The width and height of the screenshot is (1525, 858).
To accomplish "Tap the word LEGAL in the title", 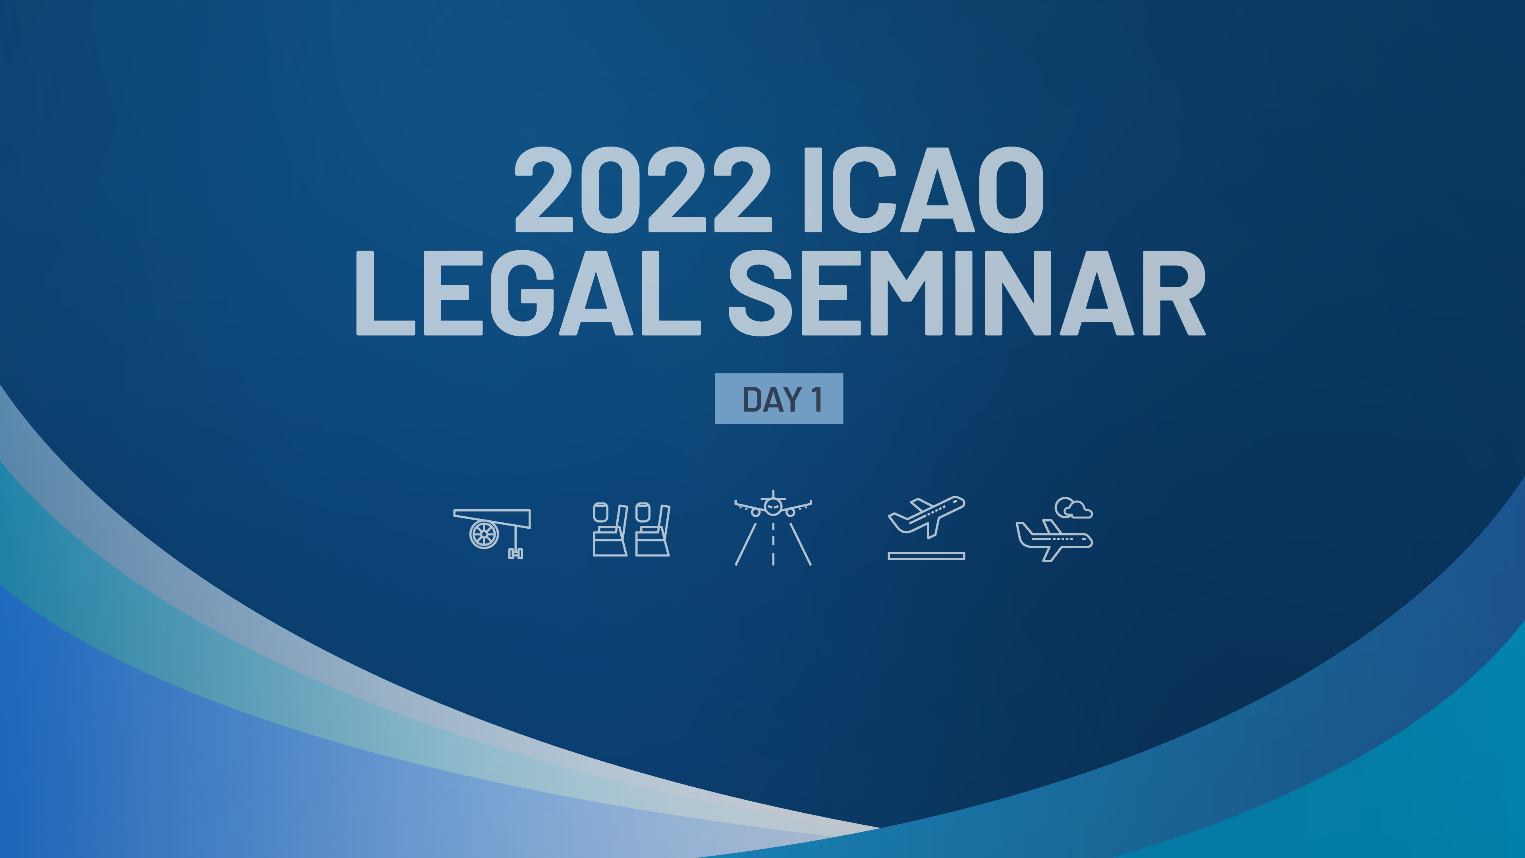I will click(x=527, y=293).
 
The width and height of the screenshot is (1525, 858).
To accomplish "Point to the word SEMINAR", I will click(x=966, y=293).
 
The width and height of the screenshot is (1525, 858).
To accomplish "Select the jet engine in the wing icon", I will click(x=484, y=534).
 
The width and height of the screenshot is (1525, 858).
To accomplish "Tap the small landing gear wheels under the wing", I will click(x=515, y=554).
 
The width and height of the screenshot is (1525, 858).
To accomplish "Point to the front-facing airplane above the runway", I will click(x=772, y=506).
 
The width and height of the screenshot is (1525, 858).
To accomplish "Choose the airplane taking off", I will click(x=927, y=515).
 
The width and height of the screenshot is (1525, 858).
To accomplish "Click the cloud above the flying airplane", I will click(x=1073, y=508).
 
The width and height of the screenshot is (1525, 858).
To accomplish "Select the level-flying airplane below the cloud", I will click(x=1054, y=539).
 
